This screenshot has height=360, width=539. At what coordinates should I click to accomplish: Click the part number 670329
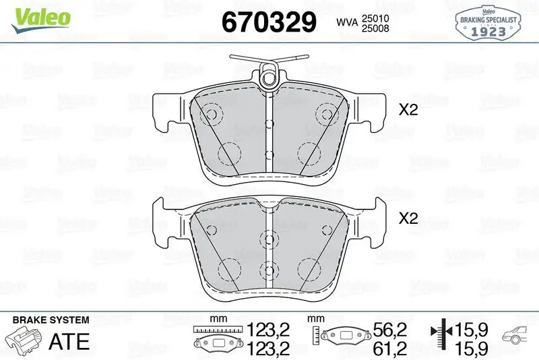pyautogui.click(x=269, y=22)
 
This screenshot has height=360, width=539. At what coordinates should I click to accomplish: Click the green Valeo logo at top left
pyautogui.click(x=39, y=17)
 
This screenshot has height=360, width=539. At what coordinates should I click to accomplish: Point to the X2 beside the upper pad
pyautogui.click(x=408, y=110)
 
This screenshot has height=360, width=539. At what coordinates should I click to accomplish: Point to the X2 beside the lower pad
pyautogui.click(x=408, y=218)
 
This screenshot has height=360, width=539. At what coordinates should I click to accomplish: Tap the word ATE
pyautogui.click(x=69, y=341)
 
